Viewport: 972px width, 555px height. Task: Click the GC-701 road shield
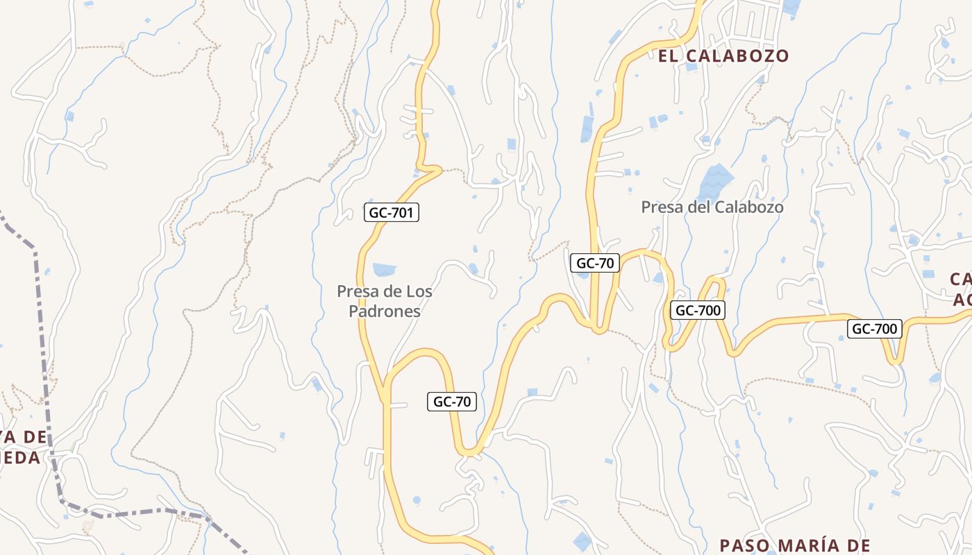point(392,212)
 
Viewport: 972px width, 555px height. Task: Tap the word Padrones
point(385,311)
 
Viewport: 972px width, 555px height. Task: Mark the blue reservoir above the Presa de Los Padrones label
point(384,269)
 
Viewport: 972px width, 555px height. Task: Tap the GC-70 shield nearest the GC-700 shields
point(595,263)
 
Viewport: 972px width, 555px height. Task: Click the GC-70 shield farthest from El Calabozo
point(451,401)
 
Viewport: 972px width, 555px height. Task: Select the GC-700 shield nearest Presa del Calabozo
point(698,310)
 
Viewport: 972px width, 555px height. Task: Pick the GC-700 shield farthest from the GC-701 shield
point(874,329)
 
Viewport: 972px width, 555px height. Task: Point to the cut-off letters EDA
point(21,458)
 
